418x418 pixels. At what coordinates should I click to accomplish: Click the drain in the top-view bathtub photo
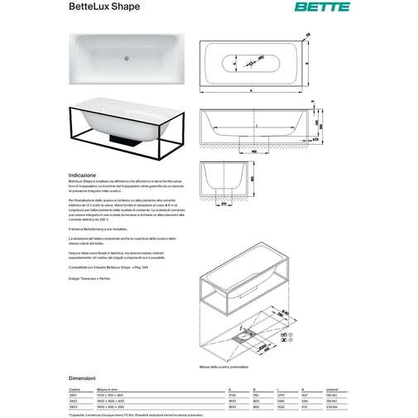(127, 59)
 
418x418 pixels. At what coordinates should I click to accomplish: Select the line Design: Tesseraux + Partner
(98, 278)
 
